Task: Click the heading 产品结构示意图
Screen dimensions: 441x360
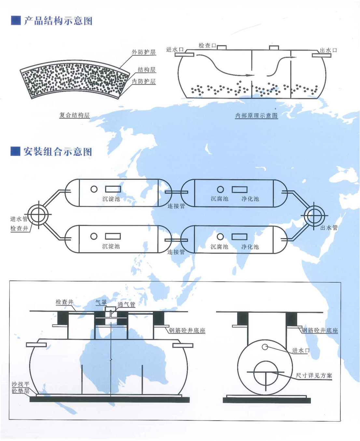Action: [58, 21]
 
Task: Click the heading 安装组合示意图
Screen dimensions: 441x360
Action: [58, 152]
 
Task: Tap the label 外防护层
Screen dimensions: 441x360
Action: [144, 52]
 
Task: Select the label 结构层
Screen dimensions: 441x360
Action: [146, 70]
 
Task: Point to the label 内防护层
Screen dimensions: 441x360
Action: [144, 81]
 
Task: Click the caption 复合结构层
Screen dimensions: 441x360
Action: [74, 115]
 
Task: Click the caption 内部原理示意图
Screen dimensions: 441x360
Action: [256, 115]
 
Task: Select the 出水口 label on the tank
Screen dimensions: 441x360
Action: [328, 50]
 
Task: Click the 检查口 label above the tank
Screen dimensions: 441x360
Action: [207, 46]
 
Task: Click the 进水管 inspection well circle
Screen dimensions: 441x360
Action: [38, 215]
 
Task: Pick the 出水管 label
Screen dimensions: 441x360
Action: [329, 227]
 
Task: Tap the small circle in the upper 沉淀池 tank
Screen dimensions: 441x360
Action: [94, 189]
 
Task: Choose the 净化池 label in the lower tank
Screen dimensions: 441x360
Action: [250, 247]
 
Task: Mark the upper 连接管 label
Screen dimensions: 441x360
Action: [176, 206]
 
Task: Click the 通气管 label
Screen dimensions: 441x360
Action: [126, 304]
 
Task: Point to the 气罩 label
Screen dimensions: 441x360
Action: [101, 302]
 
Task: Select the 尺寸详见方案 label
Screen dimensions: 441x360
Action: [314, 375]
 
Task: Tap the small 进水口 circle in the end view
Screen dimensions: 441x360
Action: [265, 347]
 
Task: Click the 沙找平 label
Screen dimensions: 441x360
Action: [21, 384]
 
